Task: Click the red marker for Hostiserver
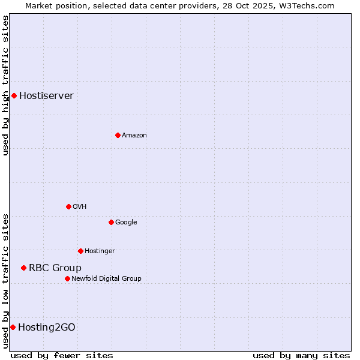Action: (14, 95)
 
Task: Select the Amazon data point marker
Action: (118, 135)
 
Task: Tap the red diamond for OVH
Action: (68, 206)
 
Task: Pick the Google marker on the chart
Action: (111, 222)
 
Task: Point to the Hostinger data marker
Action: (80, 251)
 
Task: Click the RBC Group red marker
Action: (23, 268)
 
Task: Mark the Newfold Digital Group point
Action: (67, 278)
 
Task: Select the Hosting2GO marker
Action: (13, 327)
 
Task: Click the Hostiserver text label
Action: (46, 95)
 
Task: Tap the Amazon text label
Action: (134, 135)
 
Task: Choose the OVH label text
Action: (80, 206)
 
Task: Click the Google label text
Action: (126, 222)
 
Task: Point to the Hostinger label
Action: (100, 251)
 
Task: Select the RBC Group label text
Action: (55, 268)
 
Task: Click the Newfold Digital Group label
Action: (106, 278)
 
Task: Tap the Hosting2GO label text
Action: (47, 327)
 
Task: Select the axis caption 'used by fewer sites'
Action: (62, 355)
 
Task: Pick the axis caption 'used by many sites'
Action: (301, 355)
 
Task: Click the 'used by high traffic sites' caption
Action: (5, 85)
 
